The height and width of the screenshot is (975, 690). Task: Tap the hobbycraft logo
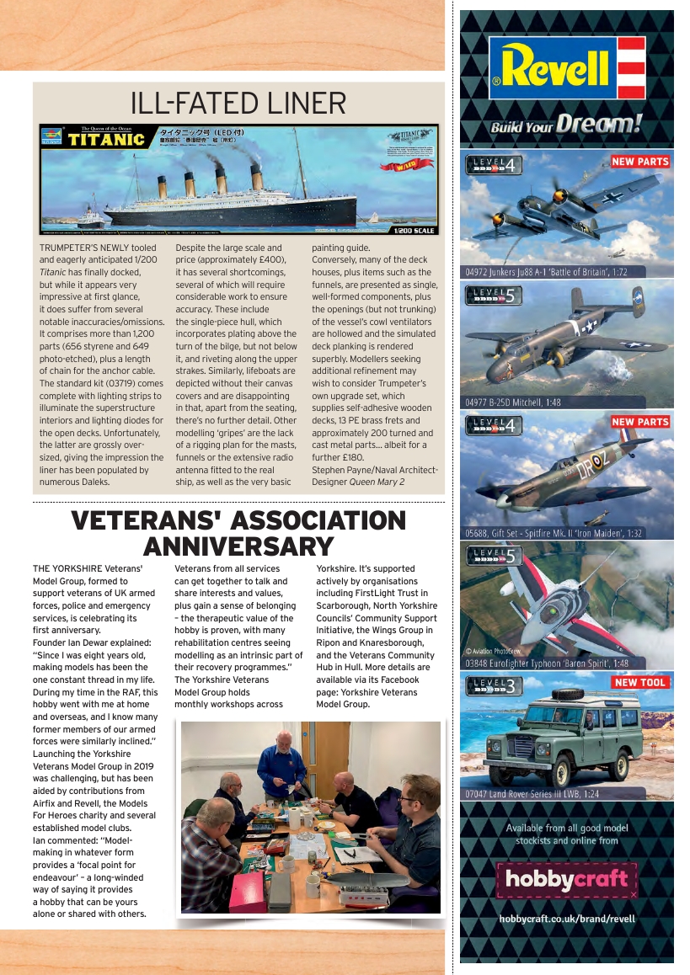(566, 881)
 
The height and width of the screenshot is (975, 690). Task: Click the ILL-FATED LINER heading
(238, 104)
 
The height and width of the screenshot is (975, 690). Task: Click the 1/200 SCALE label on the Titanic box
(414, 230)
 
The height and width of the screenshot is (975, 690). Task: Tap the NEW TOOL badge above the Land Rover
(639, 683)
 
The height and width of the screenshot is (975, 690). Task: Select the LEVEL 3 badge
(495, 685)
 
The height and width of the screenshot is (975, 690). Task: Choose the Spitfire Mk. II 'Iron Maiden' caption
(553, 533)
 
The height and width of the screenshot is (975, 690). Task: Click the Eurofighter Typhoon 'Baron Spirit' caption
(547, 663)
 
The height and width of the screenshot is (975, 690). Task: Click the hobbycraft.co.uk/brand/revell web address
(566, 919)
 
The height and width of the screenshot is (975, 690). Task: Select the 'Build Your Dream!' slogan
(566, 126)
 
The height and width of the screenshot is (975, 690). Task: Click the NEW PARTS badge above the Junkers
(640, 161)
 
